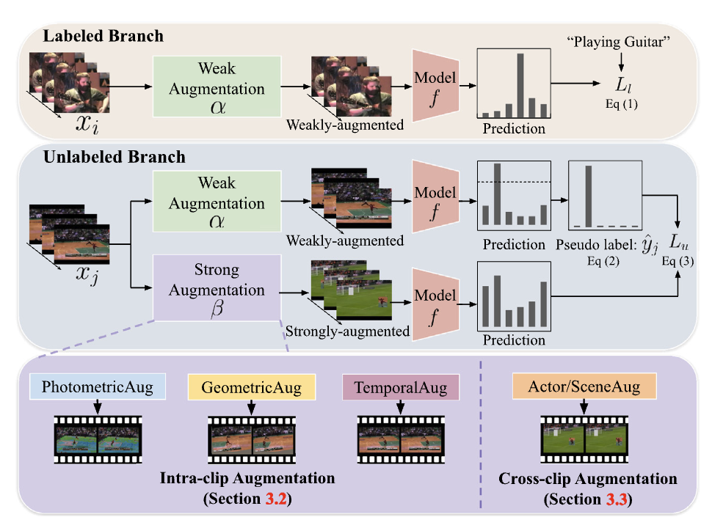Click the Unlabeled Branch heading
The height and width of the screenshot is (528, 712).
point(115,157)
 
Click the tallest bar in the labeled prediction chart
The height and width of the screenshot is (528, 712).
point(520,86)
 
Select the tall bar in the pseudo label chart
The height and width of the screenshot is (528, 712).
point(588,197)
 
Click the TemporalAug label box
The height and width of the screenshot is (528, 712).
point(400,386)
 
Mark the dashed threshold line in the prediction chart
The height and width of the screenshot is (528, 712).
point(514,182)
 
